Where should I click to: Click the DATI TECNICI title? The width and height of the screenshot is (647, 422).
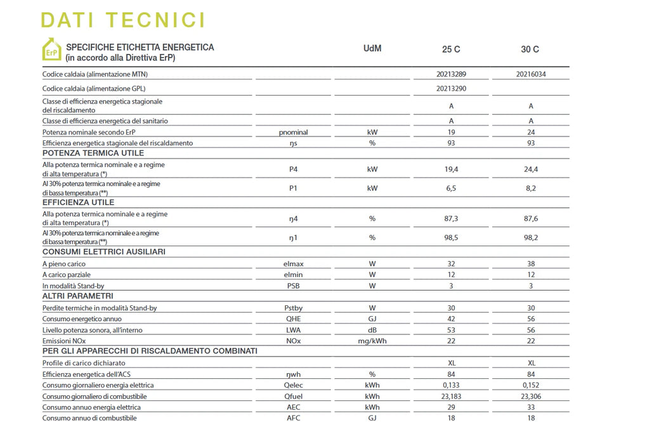[x=123, y=20]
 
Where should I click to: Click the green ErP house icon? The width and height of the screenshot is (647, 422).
[x=51, y=49]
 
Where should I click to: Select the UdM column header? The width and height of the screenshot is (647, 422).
[x=372, y=49]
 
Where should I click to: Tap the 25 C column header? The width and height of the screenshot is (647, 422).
[x=451, y=49]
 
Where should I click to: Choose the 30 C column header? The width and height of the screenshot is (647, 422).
[x=530, y=49]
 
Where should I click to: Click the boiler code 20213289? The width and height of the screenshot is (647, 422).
[x=451, y=74]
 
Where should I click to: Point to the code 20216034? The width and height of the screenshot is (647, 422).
[x=531, y=74]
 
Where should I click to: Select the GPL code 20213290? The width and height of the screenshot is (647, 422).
[x=451, y=89]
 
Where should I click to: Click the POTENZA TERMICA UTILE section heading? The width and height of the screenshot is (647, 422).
[x=93, y=154]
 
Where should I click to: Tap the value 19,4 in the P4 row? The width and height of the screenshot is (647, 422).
[x=451, y=169]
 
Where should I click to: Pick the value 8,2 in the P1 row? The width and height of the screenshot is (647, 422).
[x=531, y=188]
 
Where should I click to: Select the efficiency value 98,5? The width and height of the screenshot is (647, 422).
[x=451, y=237]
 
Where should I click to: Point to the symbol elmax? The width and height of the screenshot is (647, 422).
[x=294, y=264]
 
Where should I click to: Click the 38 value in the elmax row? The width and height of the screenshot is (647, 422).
[x=531, y=264]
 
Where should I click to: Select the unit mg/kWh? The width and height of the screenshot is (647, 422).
[x=372, y=341]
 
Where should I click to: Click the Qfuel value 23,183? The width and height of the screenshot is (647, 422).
[x=451, y=396]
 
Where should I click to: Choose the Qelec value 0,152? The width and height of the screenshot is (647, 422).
[x=531, y=385]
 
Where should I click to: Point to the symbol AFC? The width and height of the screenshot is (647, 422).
[x=294, y=418]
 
